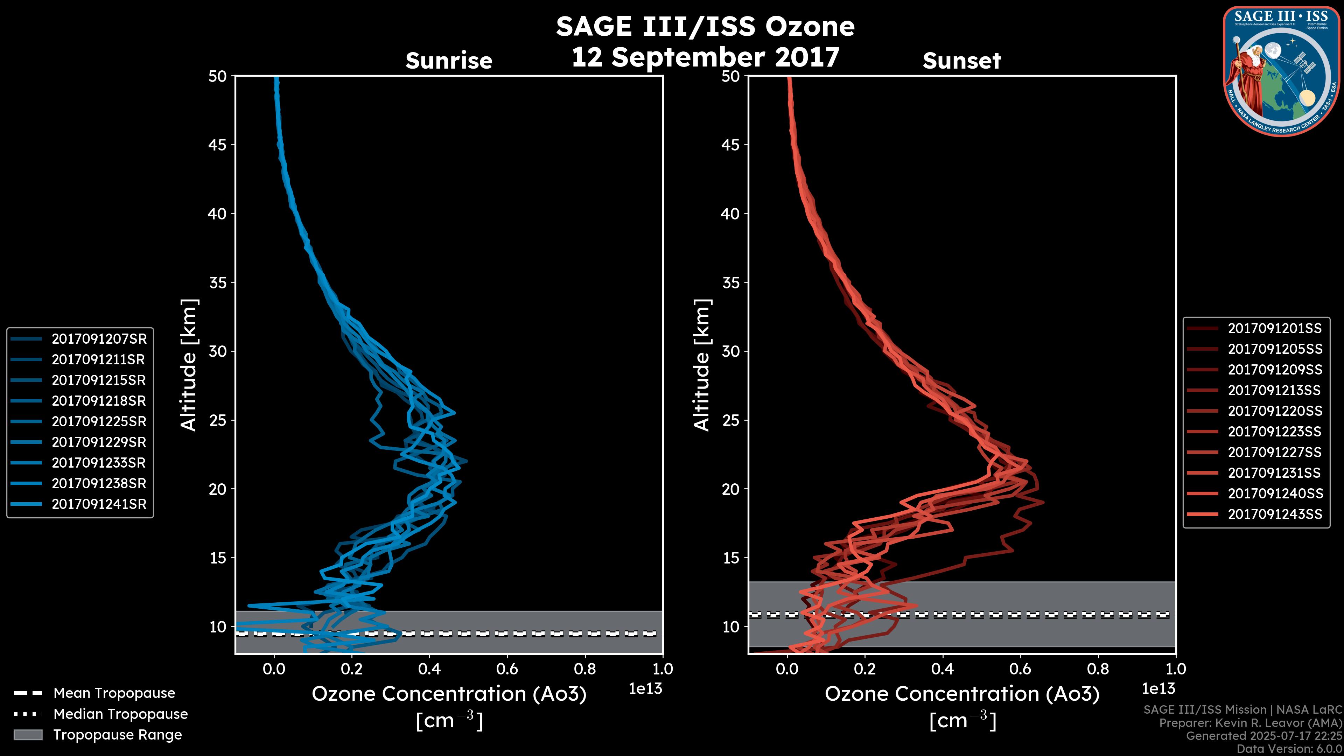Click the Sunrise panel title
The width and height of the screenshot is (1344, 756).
pyautogui.click(x=449, y=61)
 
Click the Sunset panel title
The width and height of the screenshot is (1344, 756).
pyautogui.click(x=961, y=61)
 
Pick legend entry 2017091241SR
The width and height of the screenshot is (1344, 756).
pyautogui.click(x=99, y=504)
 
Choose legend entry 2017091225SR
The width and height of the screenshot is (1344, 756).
pyautogui.click(x=99, y=421)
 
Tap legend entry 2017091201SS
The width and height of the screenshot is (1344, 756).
pyautogui.click(x=1275, y=329)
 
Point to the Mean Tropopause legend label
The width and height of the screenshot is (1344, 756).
pyautogui.click(x=114, y=693)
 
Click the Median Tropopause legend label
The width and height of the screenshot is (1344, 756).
pyautogui.click(x=120, y=714)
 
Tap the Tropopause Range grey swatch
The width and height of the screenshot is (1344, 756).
pyautogui.click(x=28, y=735)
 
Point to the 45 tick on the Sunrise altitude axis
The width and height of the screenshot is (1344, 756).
pyautogui.click(x=218, y=145)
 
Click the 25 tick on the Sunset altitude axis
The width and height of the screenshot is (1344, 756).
pyautogui.click(x=731, y=420)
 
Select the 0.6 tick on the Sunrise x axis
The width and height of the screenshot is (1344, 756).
pyautogui.click(x=507, y=669)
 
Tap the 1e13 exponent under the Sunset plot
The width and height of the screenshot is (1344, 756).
pyautogui.click(x=1158, y=689)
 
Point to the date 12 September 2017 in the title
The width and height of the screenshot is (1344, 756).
pyautogui.click(x=705, y=57)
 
